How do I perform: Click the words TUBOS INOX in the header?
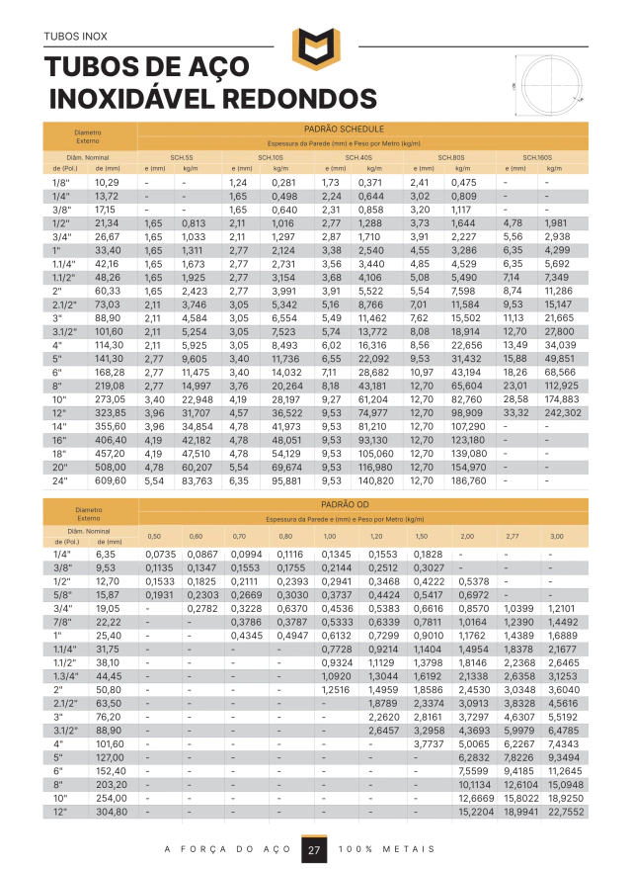click(75, 38)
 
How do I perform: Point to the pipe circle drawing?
click(551, 86)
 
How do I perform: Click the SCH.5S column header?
click(182, 158)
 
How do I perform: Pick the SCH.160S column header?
click(538, 158)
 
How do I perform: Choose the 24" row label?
click(61, 480)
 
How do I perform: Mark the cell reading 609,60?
click(111, 480)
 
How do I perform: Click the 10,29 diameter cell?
click(107, 183)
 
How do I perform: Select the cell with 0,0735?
click(160, 555)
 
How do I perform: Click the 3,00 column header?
click(557, 536)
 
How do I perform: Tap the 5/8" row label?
click(62, 596)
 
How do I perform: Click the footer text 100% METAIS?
click(387, 851)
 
